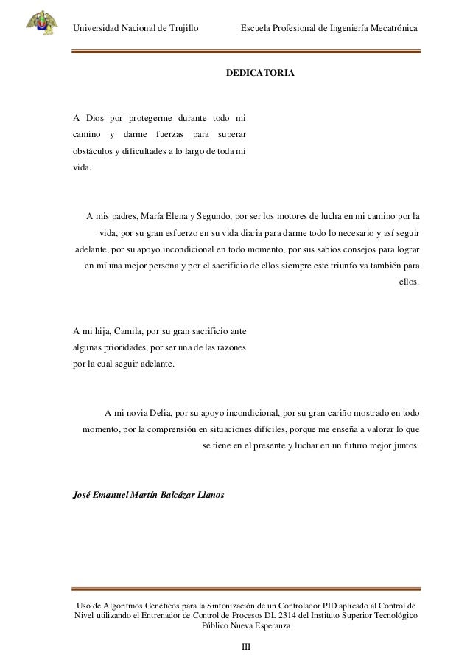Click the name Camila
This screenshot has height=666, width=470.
[125, 331]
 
